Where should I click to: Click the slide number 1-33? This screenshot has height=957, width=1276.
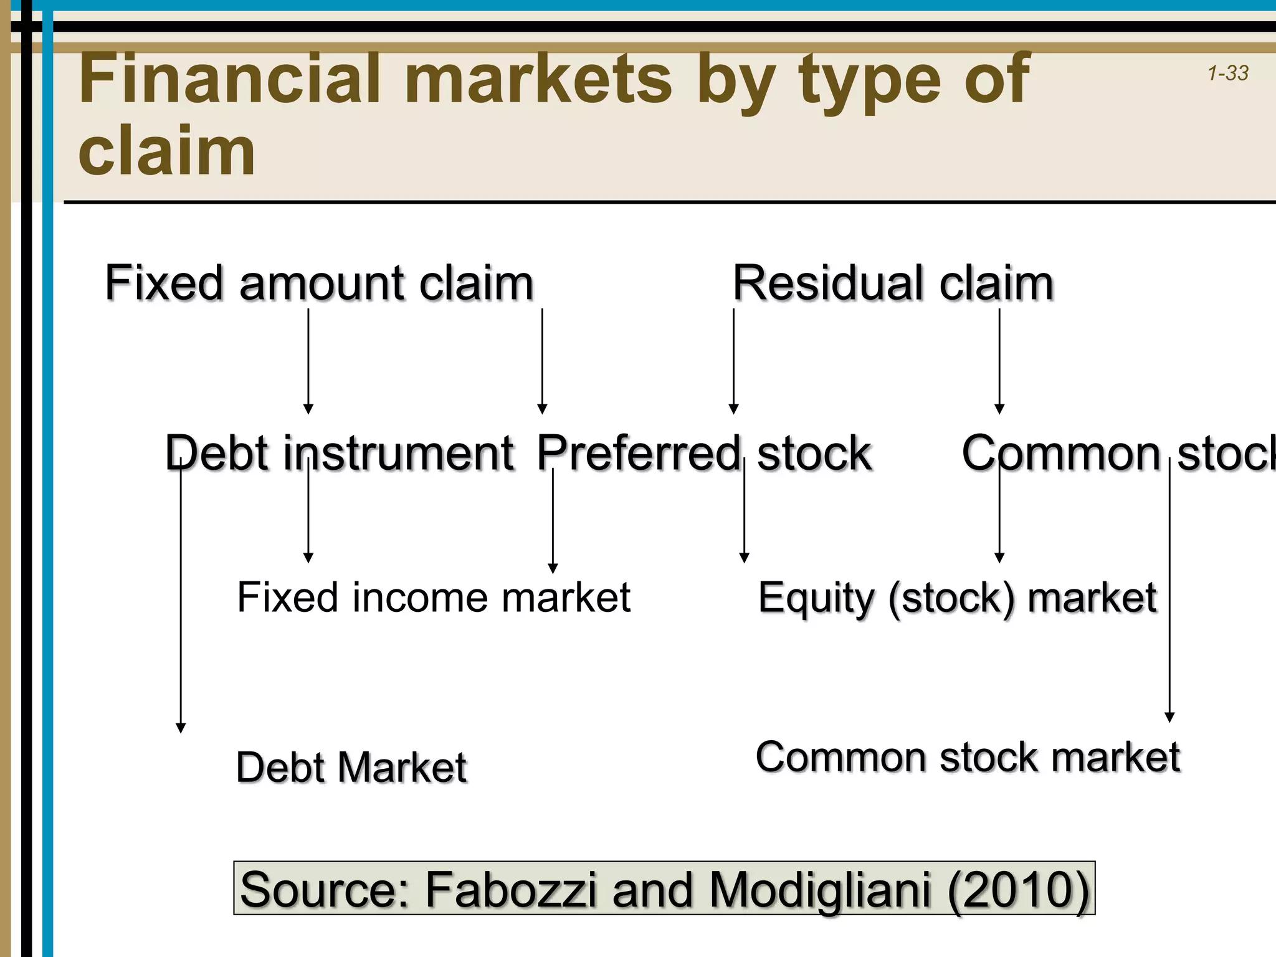coord(1228,74)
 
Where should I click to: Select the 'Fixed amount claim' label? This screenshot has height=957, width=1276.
coord(319,283)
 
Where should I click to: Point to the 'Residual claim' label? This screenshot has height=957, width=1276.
coord(893,283)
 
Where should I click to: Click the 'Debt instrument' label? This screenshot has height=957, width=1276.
coord(340,453)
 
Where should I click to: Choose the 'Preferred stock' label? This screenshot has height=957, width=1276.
coord(704,453)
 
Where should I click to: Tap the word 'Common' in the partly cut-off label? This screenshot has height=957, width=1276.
coord(1061,453)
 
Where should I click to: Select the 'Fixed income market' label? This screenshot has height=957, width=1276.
coord(434,598)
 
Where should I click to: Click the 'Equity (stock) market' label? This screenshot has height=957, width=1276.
coord(957,598)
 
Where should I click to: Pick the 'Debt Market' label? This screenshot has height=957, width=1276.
coord(351,767)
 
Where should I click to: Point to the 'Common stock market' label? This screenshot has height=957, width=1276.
coord(968,758)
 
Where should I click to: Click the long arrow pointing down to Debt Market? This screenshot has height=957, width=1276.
coord(181,592)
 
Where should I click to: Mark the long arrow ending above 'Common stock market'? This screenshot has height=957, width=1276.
coord(1169,592)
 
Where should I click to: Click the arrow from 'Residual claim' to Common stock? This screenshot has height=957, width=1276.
coord(999,361)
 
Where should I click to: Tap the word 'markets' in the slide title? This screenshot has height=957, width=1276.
coord(538,79)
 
